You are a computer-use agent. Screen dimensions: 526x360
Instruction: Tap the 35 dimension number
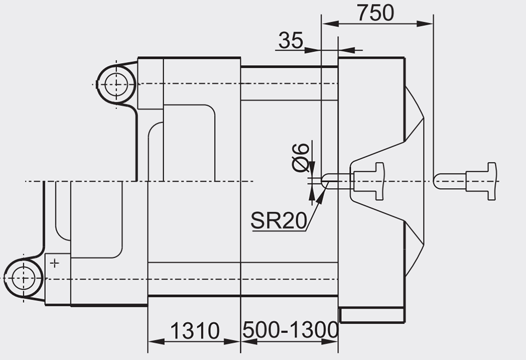click(291, 40)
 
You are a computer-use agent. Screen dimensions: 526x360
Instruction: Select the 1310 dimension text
click(195, 331)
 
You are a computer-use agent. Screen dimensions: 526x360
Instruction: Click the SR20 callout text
click(279, 221)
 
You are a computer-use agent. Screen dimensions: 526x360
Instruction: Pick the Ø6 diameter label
click(300, 157)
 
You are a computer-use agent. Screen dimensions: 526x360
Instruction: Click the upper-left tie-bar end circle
click(116, 85)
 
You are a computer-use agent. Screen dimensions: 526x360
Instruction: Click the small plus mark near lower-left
click(54, 263)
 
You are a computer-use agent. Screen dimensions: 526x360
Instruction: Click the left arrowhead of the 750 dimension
click(330, 24)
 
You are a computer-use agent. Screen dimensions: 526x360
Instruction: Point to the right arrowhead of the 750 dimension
click(424, 24)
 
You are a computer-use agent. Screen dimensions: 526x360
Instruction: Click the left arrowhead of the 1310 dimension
click(156, 342)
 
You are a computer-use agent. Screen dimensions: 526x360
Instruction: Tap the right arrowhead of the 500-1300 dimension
click(329, 342)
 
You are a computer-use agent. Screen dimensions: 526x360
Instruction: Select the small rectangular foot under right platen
click(372, 315)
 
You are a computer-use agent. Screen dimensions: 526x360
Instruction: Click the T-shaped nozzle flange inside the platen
click(369, 181)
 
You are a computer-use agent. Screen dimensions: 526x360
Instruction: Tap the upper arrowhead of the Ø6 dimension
click(312, 167)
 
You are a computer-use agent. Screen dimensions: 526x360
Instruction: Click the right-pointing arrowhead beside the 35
click(312, 50)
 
